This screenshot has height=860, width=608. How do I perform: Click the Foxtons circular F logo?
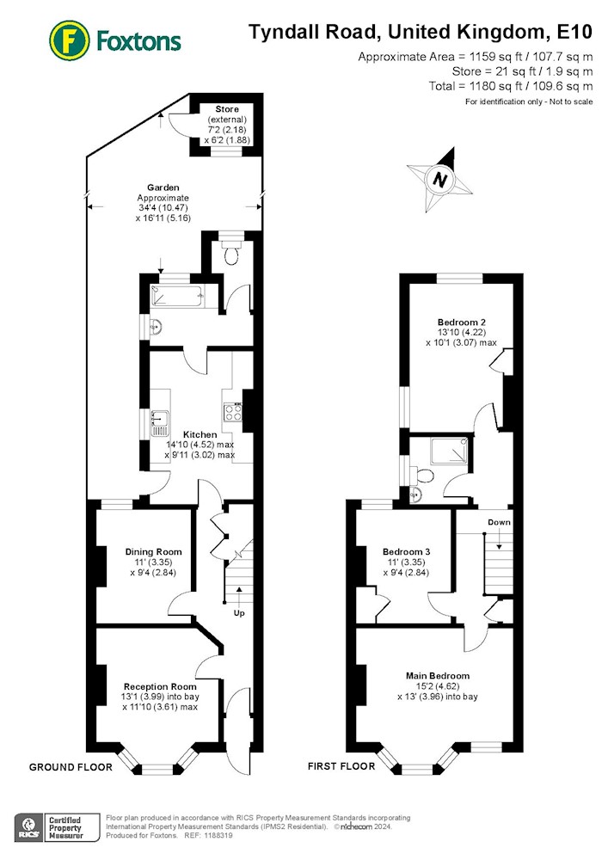pyautogui.click(x=70, y=40)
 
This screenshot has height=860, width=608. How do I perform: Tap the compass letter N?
pyautogui.click(x=439, y=180)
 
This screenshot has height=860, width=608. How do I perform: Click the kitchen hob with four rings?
pyautogui.click(x=233, y=411)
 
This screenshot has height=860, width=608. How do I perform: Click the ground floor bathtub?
pyautogui.click(x=176, y=296)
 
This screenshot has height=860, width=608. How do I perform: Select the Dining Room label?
pyautogui.click(x=154, y=552)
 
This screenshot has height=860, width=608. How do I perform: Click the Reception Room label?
pyautogui.click(x=160, y=686)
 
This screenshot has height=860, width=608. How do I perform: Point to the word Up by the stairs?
pyautogui.click(x=239, y=612)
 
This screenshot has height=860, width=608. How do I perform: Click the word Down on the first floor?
pyautogui.click(x=499, y=522)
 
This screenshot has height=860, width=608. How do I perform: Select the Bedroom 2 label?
pyautogui.click(x=462, y=322)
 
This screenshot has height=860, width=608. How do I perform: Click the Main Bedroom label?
pyautogui.click(x=438, y=676)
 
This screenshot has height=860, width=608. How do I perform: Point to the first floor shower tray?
pyautogui.click(x=450, y=451)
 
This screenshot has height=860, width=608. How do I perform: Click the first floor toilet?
pyautogui.click(x=422, y=474)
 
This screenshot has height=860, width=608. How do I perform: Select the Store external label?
pyautogui.click(x=227, y=114)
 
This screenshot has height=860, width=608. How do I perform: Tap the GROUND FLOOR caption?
pyautogui.click(x=71, y=767)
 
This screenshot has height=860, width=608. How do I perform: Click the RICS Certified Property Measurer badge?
pyautogui.click(x=57, y=827)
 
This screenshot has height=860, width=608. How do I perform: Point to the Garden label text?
pyautogui.click(x=163, y=187)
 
